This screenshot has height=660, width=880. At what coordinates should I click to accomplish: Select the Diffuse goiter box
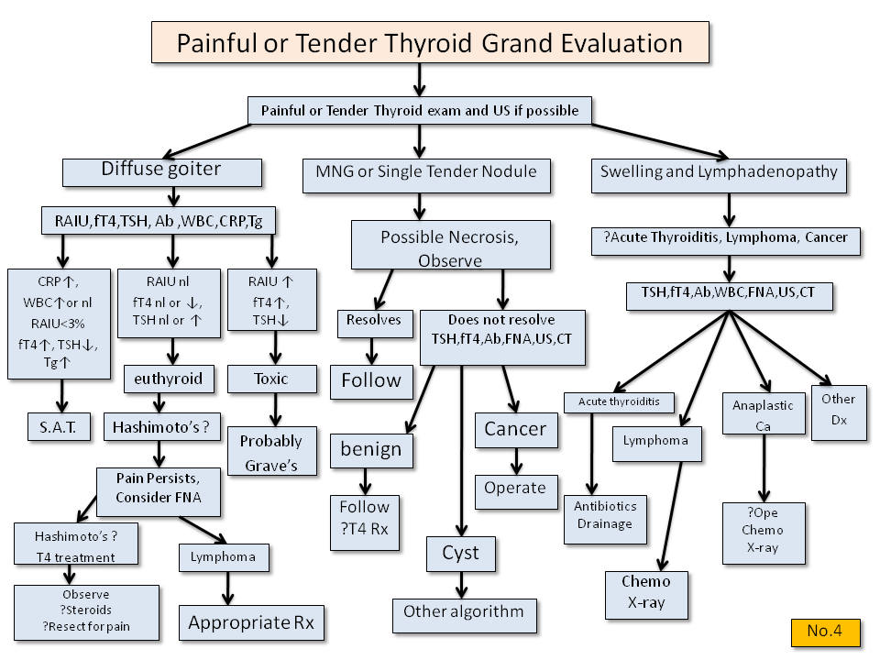[x=162, y=171]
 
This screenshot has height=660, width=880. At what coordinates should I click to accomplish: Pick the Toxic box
[x=271, y=379]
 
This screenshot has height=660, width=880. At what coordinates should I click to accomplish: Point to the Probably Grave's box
[x=271, y=452]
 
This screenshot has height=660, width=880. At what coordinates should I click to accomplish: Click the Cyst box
[x=460, y=554]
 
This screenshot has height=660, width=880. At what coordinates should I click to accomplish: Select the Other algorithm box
[x=463, y=612]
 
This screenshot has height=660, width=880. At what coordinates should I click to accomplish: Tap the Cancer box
[x=515, y=429]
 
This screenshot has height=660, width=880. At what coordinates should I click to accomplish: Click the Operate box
[x=515, y=488]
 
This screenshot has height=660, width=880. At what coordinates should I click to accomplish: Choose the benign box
[x=371, y=449]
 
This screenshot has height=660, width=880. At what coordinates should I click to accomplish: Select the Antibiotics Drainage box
[x=604, y=516]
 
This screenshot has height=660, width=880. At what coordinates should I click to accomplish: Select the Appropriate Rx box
[x=251, y=623]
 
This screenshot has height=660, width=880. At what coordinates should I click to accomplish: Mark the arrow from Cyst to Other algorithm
[x=460, y=584]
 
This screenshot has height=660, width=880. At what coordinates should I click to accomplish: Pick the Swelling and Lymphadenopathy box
[x=720, y=171]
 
